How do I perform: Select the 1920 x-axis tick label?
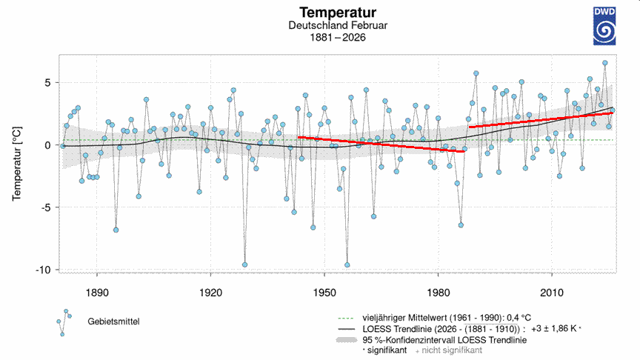[211, 290]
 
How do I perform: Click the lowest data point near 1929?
[244, 264]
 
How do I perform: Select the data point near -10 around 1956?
[347, 264]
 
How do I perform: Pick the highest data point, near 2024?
[604, 63]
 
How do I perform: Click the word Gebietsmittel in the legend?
[113, 321]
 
